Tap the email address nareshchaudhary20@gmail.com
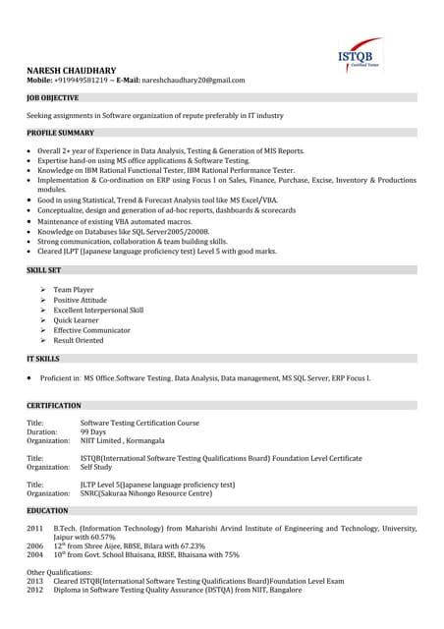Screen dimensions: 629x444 click(x=193, y=80)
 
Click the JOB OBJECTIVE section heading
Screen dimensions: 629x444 click(x=56, y=100)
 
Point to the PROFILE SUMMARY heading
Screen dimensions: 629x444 click(x=61, y=133)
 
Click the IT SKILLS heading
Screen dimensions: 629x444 click(x=43, y=359)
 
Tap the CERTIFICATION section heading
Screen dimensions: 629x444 click(x=54, y=405)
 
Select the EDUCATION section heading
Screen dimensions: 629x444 click(x=47, y=511)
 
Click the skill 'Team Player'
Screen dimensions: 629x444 click(x=74, y=290)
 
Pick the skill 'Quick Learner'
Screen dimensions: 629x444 click(x=78, y=320)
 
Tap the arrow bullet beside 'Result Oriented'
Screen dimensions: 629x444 click(x=44, y=340)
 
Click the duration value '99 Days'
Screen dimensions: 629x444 click(x=93, y=431)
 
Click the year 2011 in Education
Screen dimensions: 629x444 click(x=34, y=529)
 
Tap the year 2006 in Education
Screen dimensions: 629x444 click(x=34, y=545)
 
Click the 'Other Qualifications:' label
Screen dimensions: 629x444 click(x=60, y=572)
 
